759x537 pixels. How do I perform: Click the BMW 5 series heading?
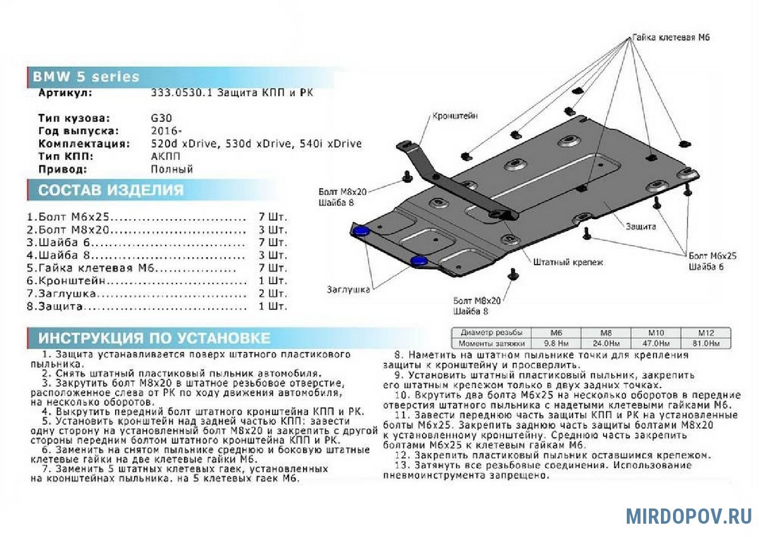pos(86,77)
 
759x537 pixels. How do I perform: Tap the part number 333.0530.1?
pos(182,93)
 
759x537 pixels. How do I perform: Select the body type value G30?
pos(162,118)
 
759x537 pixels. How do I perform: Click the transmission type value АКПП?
pos(166,156)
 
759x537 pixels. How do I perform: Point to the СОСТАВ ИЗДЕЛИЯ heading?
pos(111,190)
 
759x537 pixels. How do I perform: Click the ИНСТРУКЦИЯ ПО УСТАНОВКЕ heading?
pos(154,338)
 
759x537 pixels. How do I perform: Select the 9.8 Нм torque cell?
pos(556,343)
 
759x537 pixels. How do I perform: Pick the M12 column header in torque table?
pos(705,333)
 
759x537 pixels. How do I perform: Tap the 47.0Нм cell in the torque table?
pos(656,343)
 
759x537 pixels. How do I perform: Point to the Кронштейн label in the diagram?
pos(455,116)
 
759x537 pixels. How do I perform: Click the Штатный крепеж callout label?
pos(568,262)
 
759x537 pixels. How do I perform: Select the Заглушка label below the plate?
pos(349,289)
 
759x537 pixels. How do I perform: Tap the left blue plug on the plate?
pos(361,231)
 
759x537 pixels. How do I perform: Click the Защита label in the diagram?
pos(641,226)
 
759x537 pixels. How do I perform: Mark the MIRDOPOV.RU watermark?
pos(689,516)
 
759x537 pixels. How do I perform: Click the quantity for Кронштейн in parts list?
pos(273,281)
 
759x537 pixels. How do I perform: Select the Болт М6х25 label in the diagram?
pos(713,256)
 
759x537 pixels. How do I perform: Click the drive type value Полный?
pos(172,169)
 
